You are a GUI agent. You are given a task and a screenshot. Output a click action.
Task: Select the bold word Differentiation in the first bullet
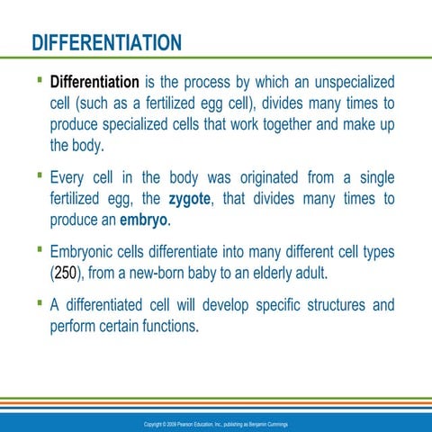tap(99, 83)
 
